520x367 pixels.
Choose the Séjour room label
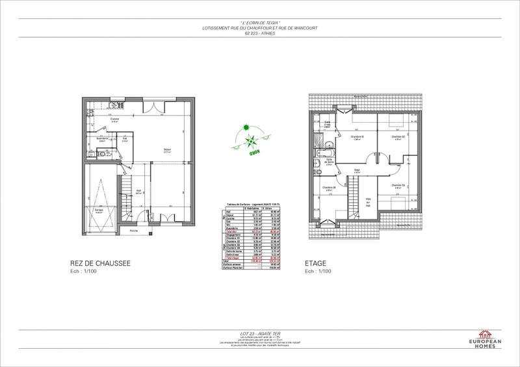click(166, 151)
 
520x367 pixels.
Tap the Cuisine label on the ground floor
click(114, 119)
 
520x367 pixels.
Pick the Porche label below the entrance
click(133, 231)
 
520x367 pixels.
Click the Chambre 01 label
click(357, 136)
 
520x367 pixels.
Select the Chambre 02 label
click(398, 136)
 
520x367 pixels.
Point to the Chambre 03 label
click(398, 185)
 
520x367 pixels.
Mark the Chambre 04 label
click(329, 188)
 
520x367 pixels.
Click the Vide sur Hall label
click(368, 203)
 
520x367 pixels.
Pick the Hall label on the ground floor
click(139, 191)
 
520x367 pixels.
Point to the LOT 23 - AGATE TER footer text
click(259, 332)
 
